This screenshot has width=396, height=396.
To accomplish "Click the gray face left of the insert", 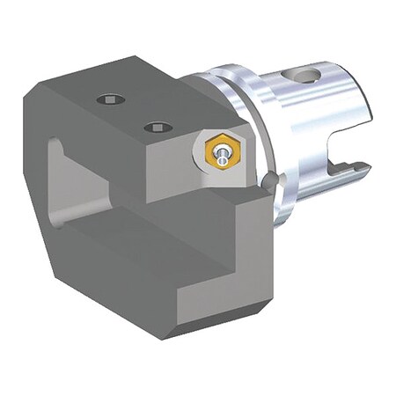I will coord(167,167).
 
